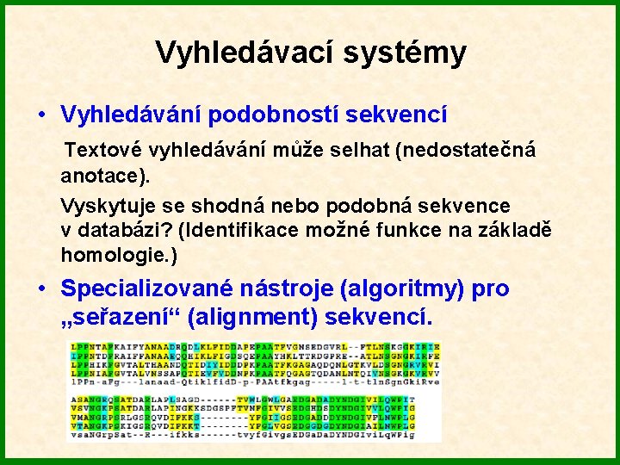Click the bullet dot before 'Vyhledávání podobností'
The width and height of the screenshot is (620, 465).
(40, 115)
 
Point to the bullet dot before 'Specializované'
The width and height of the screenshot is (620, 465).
(40, 288)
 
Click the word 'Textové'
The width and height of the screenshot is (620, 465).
(104, 150)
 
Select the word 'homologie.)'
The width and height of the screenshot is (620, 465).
(119, 255)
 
